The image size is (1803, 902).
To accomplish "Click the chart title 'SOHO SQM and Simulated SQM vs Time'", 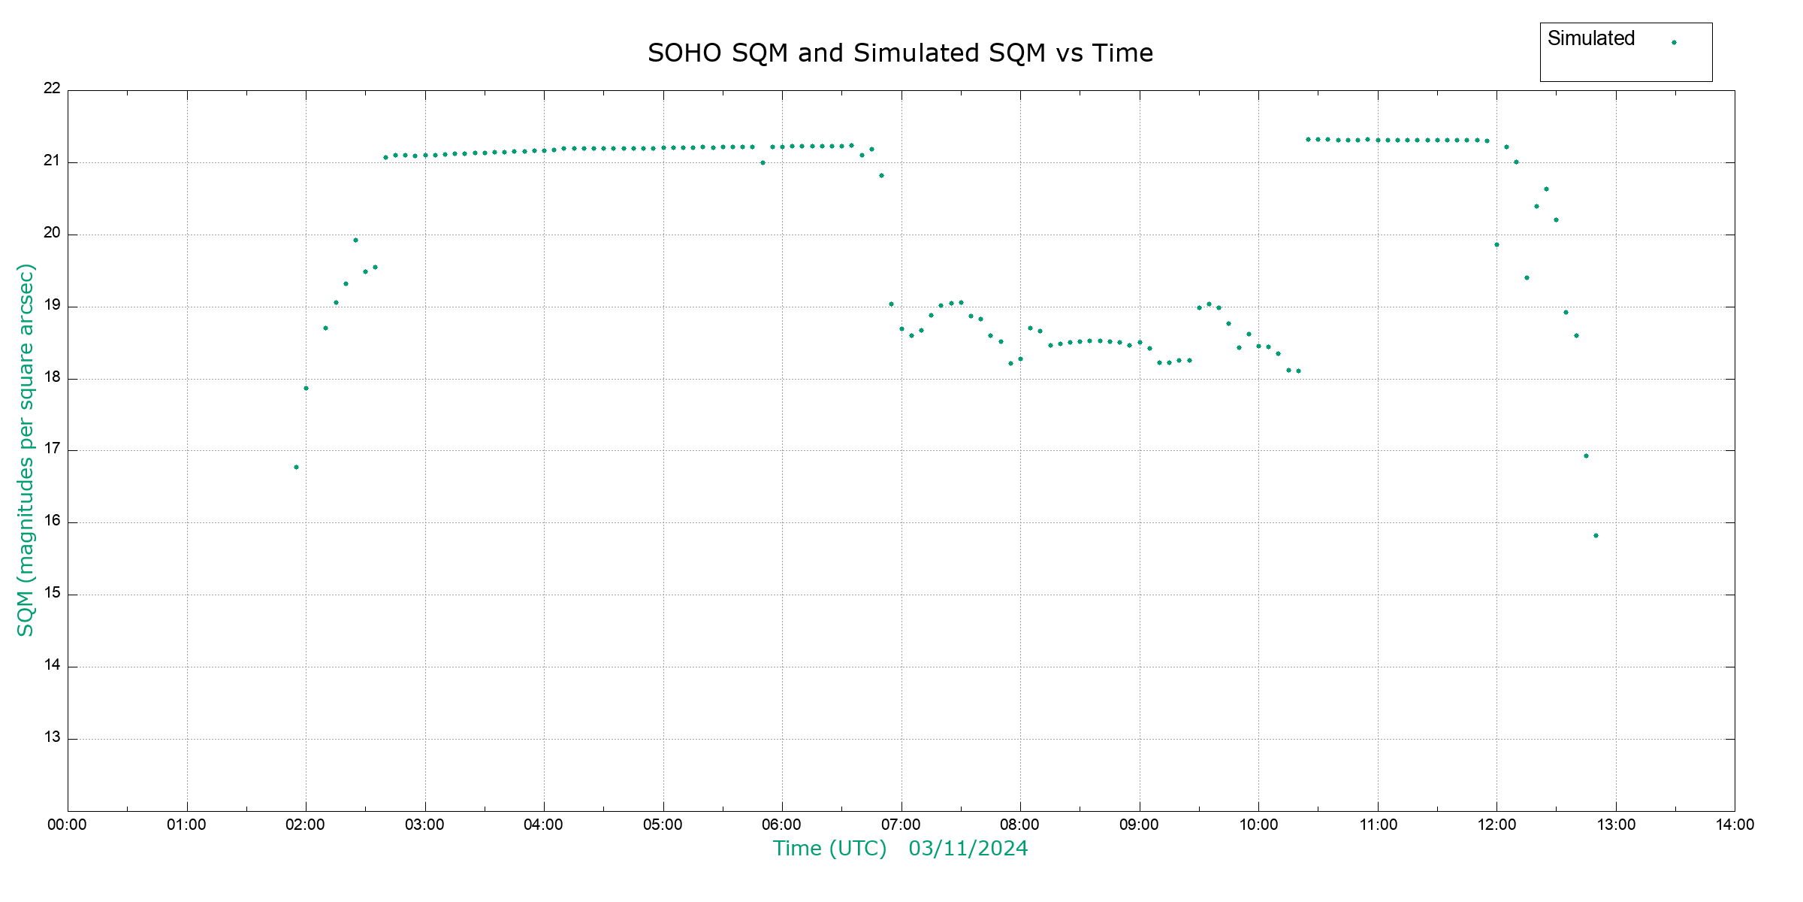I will [x=900, y=53].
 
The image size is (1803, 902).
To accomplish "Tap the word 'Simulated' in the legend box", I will [x=1590, y=39].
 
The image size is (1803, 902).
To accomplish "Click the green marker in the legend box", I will [x=1674, y=43].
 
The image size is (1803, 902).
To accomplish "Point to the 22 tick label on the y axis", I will [x=52, y=89].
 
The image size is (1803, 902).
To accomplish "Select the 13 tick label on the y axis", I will [x=52, y=737].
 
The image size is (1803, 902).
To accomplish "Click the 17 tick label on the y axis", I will [x=52, y=449].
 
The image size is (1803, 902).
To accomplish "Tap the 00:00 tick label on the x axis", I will [x=67, y=825].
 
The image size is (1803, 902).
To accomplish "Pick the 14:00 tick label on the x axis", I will [x=1735, y=825].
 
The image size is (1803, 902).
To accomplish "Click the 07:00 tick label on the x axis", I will [x=901, y=825].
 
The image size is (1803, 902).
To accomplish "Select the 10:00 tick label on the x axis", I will [x=1258, y=825].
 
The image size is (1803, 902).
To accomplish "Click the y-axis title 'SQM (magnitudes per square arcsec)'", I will [x=26, y=449].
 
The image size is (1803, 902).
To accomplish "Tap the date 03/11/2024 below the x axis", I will [x=968, y=849].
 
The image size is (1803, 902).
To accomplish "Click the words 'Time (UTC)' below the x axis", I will [x=829, y=849].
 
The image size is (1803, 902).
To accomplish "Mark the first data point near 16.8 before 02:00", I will [x=296, y=468].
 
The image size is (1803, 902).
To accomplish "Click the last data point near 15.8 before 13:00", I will [x=1596, y=536].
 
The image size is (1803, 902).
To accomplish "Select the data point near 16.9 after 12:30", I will [x=1586, y=456].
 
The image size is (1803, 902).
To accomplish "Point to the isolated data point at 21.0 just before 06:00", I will [x=763, y=163].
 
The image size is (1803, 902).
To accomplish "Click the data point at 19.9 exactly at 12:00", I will [x=1496, y=245].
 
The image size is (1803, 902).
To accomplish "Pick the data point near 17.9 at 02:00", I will [x=306, y=389].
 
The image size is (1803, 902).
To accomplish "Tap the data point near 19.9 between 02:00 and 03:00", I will [x=355, y=241].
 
